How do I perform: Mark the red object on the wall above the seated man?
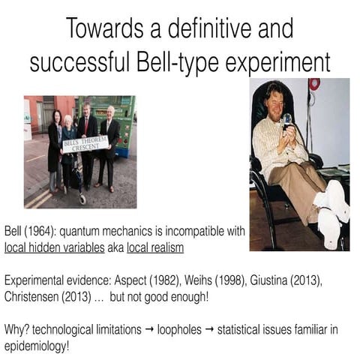point(314,82)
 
